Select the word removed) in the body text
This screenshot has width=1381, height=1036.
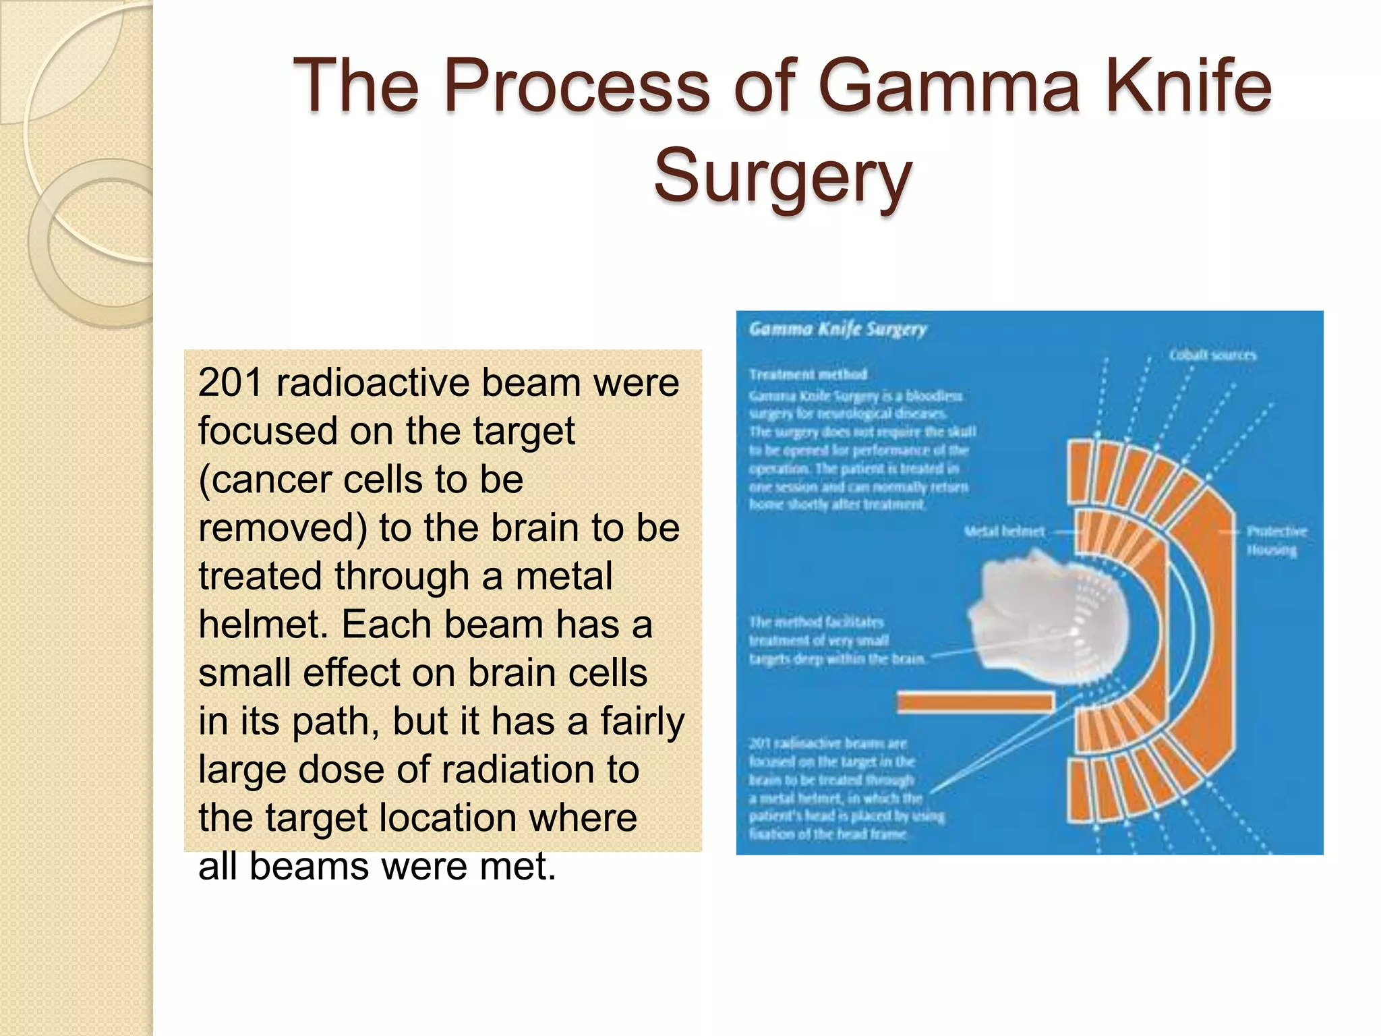coord(283,528)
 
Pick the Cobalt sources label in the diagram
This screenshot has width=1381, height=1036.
coord(1212,355)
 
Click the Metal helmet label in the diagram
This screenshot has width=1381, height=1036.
coord(1004,531)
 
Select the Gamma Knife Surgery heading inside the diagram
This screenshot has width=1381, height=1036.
coord(838,329)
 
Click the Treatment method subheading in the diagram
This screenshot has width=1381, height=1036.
coord(807,374)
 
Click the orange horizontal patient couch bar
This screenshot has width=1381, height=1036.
coord(975,702)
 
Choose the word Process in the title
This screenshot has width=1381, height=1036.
coord(577,86)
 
